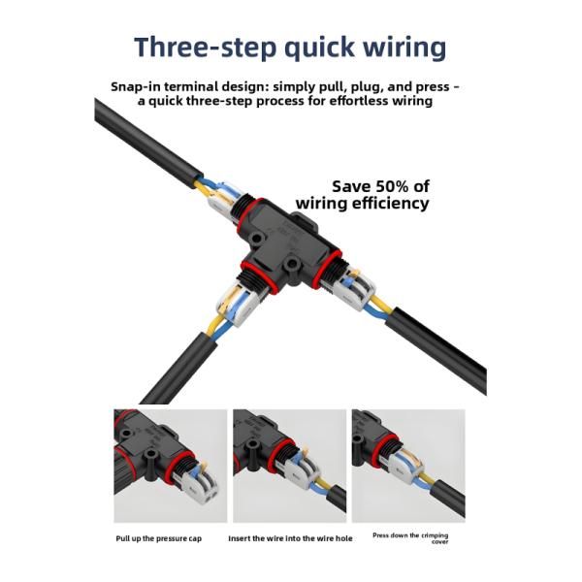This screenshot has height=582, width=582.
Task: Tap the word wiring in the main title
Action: (x=404, y=48)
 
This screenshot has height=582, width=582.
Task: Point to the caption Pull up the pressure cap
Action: (x=158, y=538)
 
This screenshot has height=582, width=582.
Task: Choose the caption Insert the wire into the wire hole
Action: (x=290, y=538)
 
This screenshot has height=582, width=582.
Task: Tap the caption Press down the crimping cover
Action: (x=410, y=538)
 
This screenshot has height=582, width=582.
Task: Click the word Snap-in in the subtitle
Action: (x=136, y=87)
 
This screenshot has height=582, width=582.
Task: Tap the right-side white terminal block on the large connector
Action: (x=353, y=288)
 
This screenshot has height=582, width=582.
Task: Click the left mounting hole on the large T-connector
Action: (x=255, y=239)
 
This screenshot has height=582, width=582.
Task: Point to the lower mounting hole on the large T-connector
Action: (x=292, y=264)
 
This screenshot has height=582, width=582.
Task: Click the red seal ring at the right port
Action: (x=327, y=270)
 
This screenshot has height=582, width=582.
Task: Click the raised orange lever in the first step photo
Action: (x=203, y=467)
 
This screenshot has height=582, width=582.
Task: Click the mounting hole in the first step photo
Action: (x=150, y=454)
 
